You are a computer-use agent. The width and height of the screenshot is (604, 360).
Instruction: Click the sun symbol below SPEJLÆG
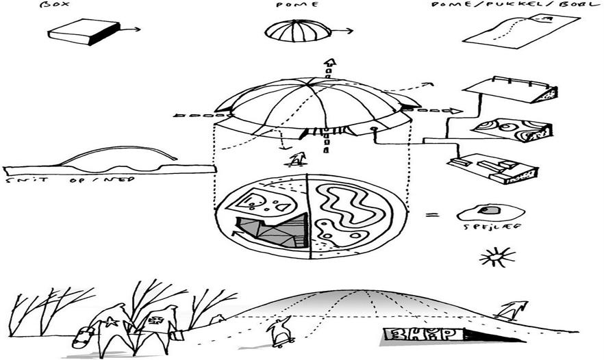pos(498,258)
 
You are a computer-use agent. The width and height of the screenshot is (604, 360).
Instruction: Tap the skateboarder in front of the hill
pos(281,330)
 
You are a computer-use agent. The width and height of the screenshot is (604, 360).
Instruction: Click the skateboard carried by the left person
pos(82,336)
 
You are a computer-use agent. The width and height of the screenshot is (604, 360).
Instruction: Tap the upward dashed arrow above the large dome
pos(329,67)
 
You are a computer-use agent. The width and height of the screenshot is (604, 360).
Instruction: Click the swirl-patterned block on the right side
pos(509,131)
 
